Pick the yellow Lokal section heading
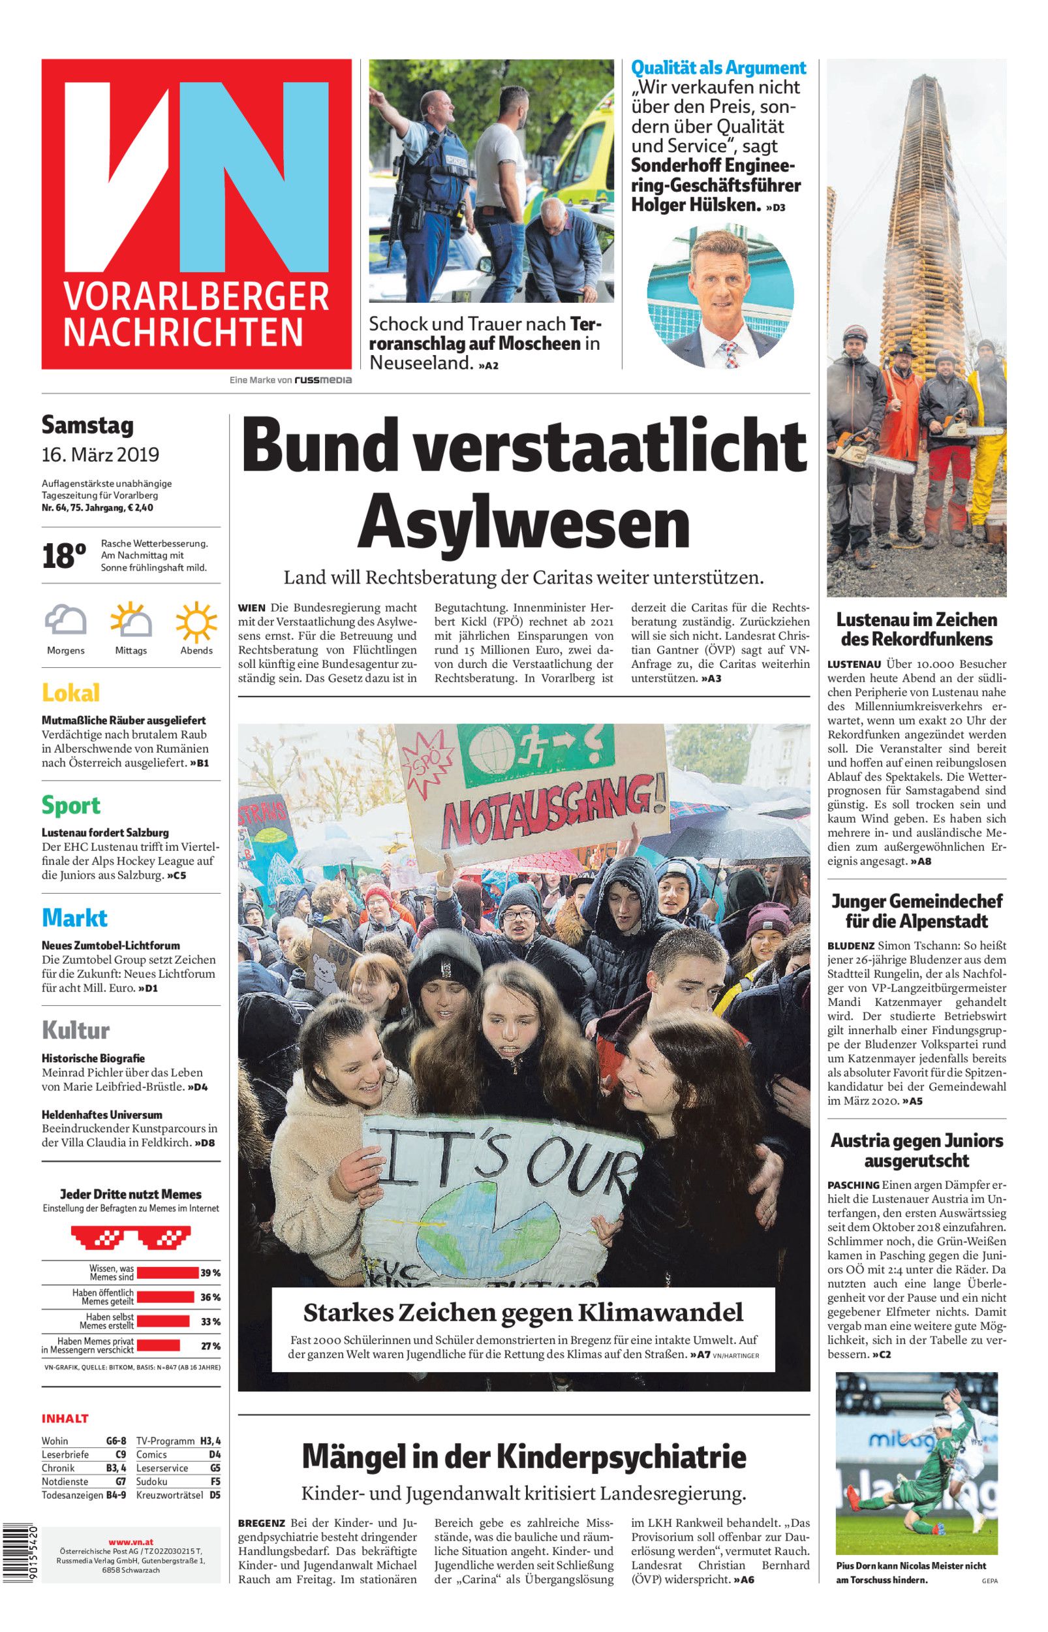70,693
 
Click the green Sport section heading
70,805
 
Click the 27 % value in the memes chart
210,1345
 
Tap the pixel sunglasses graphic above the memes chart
131,1234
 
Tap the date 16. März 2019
100,454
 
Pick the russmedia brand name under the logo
322,381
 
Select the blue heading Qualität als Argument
718,67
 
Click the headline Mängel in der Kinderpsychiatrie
523,1457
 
